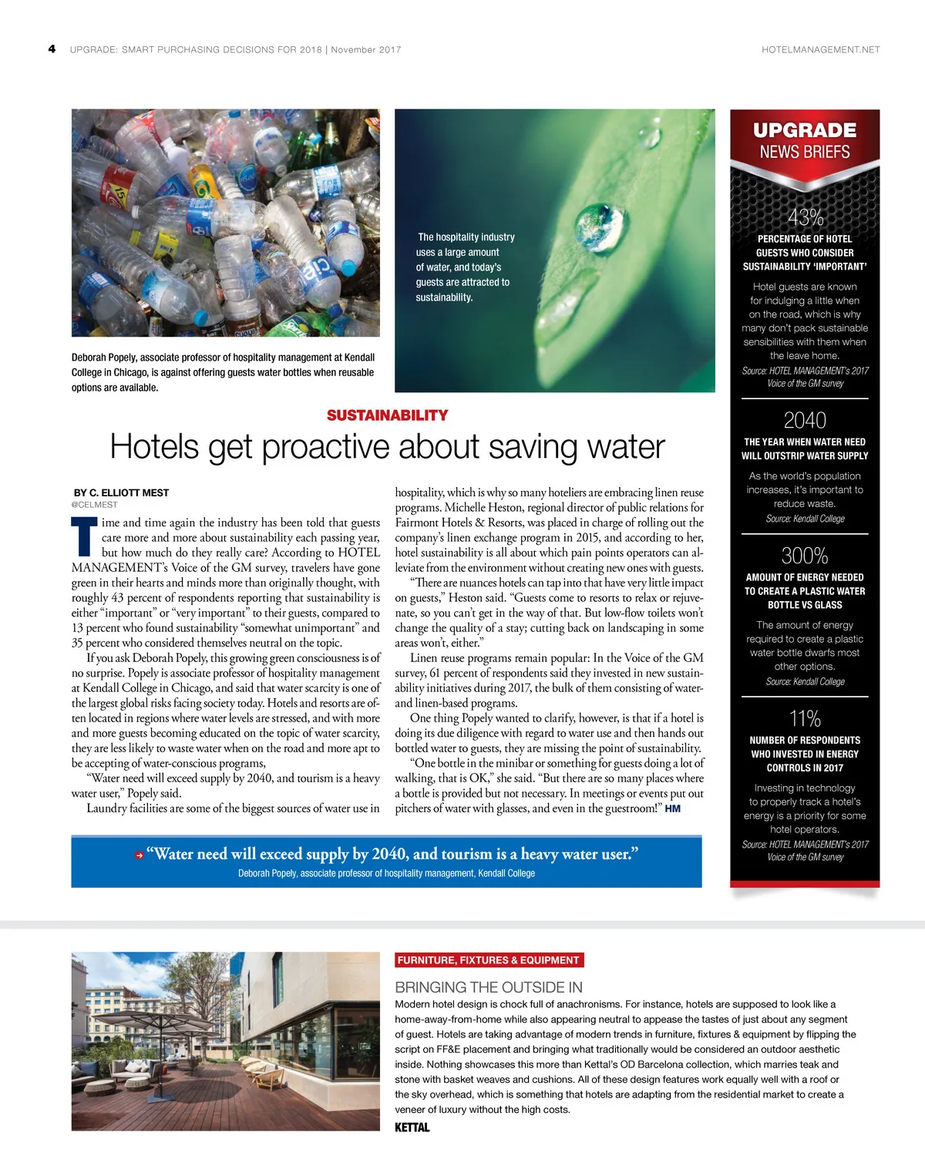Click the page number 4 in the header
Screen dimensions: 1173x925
coord(52,49)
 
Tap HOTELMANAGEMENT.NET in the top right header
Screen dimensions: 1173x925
coord(820,49)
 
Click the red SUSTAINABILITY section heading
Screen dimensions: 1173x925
coord(387,415)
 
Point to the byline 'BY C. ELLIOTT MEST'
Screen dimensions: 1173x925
coord(121,492)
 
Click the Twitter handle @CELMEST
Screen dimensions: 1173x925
coord(94,505)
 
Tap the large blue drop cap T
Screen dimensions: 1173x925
coord(84,536)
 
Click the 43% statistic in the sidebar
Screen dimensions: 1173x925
coord(805,218)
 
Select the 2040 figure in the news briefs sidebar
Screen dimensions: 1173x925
coord(805,420)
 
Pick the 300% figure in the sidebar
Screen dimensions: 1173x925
coord(805,556)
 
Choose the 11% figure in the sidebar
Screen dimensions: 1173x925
coord(805,718)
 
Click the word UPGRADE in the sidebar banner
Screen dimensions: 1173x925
coord(805,130)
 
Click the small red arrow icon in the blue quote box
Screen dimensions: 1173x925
coord(140,855)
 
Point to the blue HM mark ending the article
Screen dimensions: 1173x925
coord(672,808)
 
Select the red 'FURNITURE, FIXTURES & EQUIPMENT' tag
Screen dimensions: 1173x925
coord(489,960)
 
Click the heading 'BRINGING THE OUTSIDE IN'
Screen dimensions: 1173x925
coord(489,987)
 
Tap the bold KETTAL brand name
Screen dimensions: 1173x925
coord(412,1128)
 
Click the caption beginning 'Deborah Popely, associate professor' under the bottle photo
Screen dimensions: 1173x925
coord(224,372)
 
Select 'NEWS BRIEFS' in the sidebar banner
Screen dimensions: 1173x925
coord(805,152)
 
